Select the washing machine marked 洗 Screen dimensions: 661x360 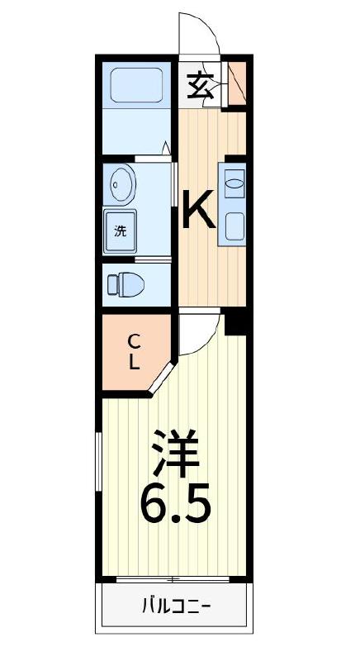tap(121, 231)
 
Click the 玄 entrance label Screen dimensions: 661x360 tap(200, 83)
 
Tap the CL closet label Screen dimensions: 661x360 tap(133, 350)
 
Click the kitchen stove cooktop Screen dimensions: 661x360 tap(233, 225)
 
